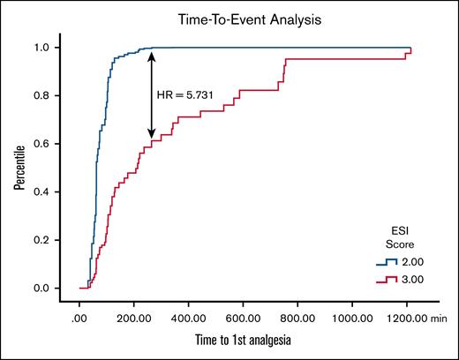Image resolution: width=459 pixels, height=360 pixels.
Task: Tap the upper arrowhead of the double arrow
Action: pyautogui.click(x=151, y=55)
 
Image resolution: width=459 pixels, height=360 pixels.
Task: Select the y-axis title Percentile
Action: pyautogui.click(x=19, y=168)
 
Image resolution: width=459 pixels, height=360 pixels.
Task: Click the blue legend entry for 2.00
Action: pyautogui.click(x=401, y=262)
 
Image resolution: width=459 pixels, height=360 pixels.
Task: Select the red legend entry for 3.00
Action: pyautogui.click(x=401, y=280)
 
